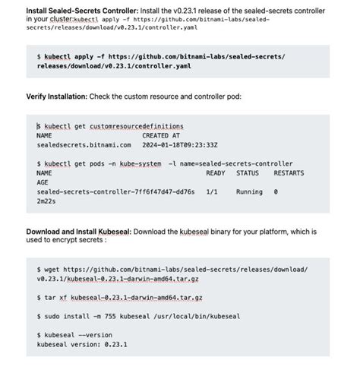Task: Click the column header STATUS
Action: coord(248,172)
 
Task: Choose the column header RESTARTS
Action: coord(289,172)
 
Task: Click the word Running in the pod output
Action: coord(249,192)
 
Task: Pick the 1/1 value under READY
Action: coord(212,192)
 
